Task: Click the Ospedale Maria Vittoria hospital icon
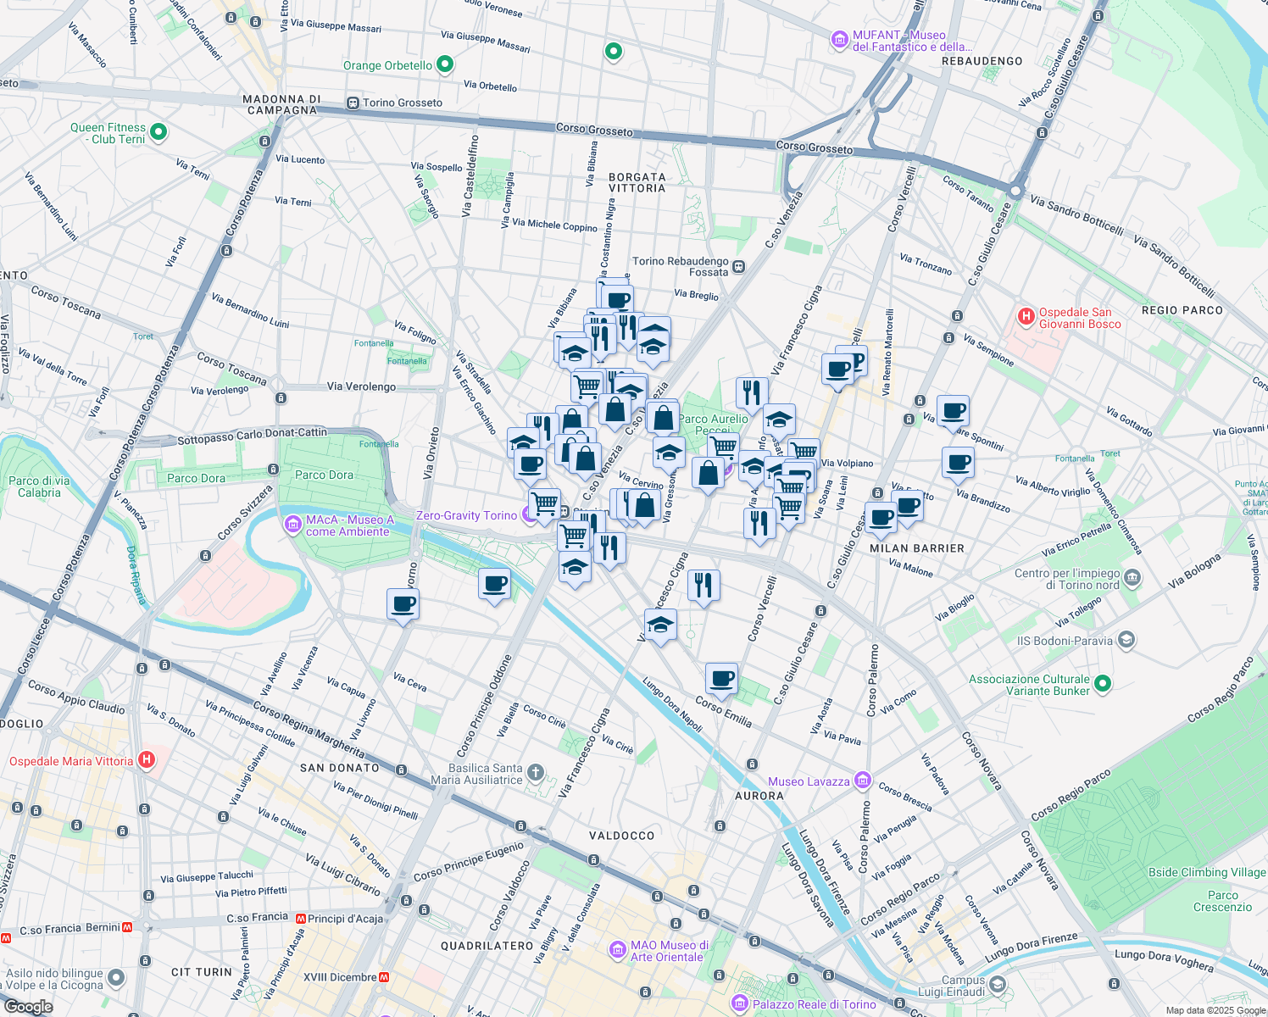[147, 760]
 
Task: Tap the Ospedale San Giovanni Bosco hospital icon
[1026, 317]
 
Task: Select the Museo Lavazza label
[809, 781]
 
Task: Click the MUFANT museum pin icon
[839, 39]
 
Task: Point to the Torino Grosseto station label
[403, 103]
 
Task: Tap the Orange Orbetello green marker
[444, 64]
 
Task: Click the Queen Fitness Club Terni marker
[158, 132]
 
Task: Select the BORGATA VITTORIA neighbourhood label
[637, 183]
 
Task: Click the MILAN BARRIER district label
[916, 548]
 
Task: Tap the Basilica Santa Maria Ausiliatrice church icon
[535, 772]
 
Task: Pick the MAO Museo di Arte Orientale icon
[618, 950]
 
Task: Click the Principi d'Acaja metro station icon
[301, 918]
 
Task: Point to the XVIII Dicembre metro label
[340, 977]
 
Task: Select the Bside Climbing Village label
[1206, 872]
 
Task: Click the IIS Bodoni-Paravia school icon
[1126, 640]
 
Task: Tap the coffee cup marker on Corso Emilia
[721, 678]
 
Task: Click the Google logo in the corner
[28, 1006]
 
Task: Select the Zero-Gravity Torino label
[466, 515]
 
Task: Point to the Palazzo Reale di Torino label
[814, 1004]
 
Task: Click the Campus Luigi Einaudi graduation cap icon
[997, 985]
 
